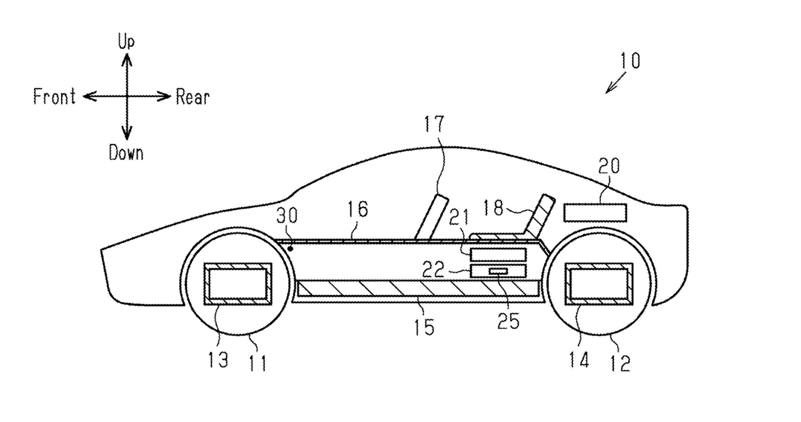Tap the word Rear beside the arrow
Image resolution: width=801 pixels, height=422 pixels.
pyautogui.click(x=193, y=97)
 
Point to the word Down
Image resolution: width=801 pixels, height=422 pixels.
pyautogui.click(x=126, y=153)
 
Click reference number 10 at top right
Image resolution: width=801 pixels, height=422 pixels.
pyautogui.click(x=630, y=61)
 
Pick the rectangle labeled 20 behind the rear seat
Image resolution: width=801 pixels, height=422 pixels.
pyautogui.click(x=595, y=213)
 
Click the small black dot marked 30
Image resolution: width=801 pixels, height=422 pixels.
pyautogui.click(x=290, y=249)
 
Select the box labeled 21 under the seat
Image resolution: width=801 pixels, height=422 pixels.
pyautogui.click(x=498, y=255)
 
